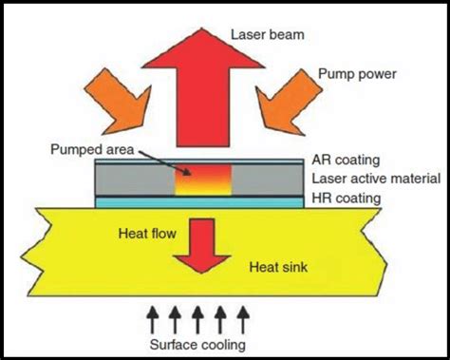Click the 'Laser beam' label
267,37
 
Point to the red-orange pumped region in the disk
202,181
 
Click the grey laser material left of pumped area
133,180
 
